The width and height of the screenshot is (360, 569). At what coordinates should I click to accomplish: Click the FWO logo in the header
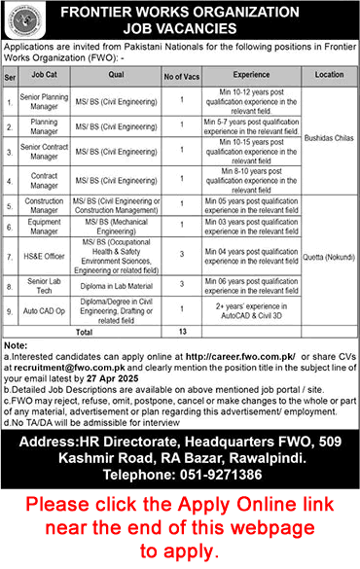[x=20, y=19]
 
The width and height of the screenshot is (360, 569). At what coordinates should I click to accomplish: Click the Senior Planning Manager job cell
[x=42, y=101]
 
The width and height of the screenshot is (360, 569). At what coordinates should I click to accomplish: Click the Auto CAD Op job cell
[x=42, y=310]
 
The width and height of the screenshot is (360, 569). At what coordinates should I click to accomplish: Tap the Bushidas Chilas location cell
[x=328, y=140]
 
